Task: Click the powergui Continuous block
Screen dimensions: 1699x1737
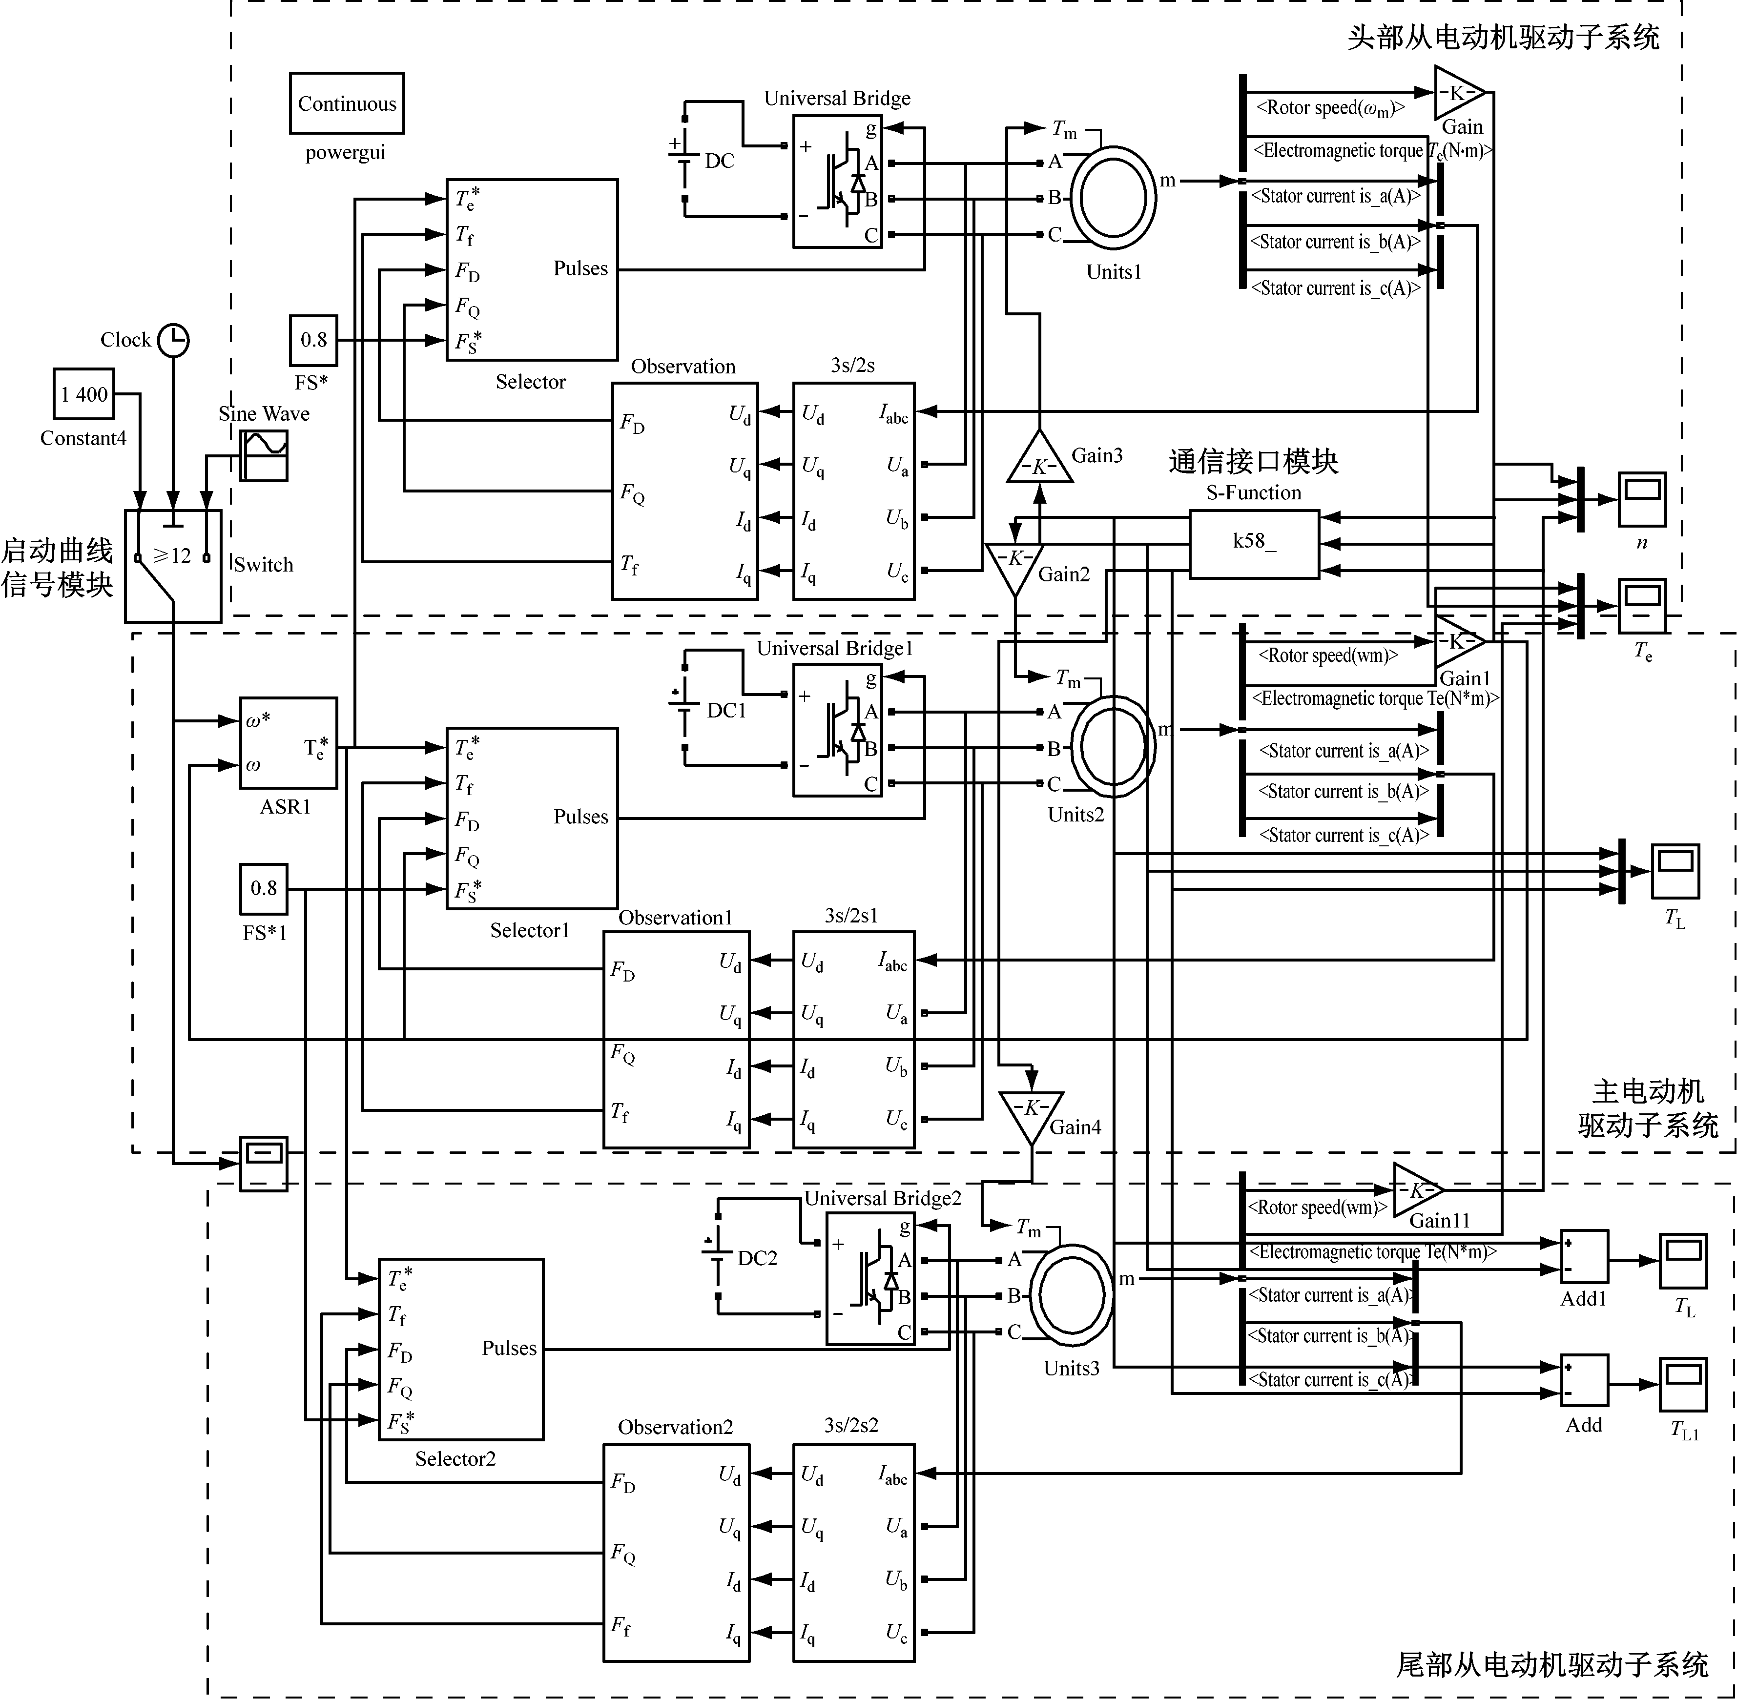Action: pyautogui.click(x=346, y=103)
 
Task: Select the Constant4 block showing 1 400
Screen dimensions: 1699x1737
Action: pyautogui.click(x=84, y=394)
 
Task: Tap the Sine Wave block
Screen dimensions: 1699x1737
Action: pyautogui.click(x=264, y=455)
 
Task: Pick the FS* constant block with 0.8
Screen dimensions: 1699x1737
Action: pyautogui.click(x=313, y=340)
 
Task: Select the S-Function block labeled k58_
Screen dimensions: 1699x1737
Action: pyautogui.click(x=1253, y=543)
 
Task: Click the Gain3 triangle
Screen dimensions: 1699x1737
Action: pyautogui.click(x=1039, y=460)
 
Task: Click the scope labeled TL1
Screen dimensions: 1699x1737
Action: pyautogui.click(x=1682, y=1384)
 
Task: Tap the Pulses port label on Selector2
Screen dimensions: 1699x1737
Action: pyautogui.click(x=509, y=1348)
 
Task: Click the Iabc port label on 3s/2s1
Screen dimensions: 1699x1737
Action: pyautogui.click(x=892, y=961)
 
